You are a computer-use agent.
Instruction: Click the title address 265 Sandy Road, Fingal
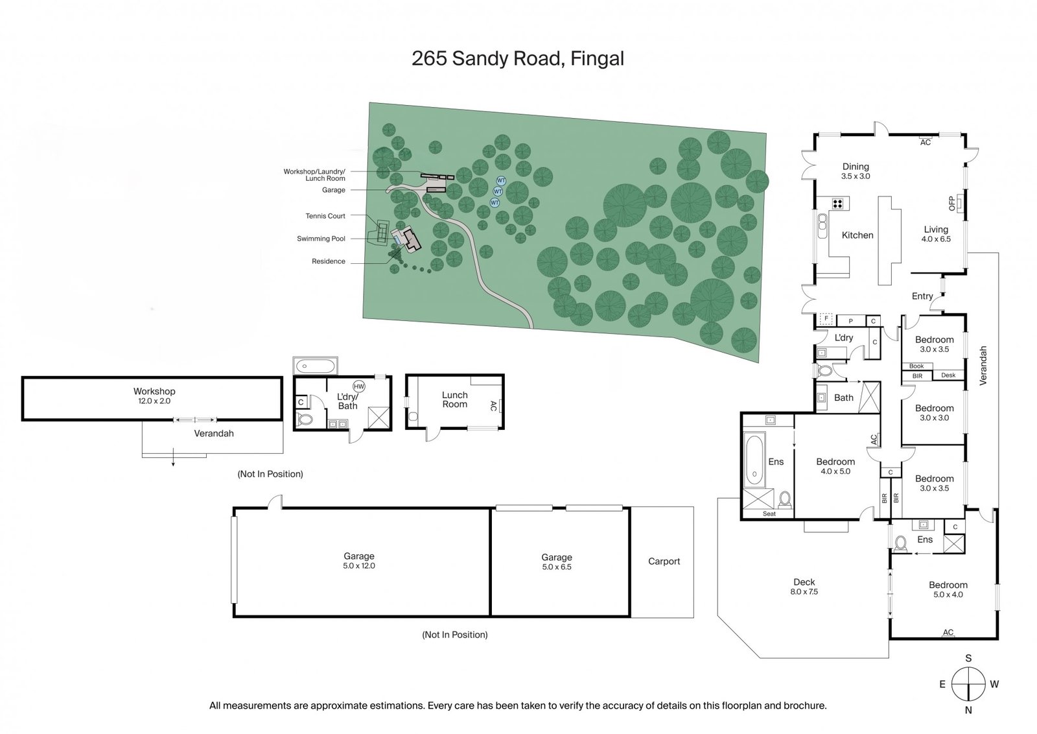[518, 59]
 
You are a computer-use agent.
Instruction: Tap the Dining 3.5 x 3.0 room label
[856, 171]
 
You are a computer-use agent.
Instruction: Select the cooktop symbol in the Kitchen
[837, 204]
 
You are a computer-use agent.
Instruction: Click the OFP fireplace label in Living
[952, 204]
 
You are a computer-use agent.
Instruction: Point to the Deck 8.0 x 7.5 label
[804, 586]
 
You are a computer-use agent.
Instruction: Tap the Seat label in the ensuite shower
[769, 514]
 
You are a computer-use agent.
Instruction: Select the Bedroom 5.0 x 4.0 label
[948, 589]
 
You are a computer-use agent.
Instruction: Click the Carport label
[664, 562]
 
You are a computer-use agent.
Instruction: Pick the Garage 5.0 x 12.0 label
[359, 560]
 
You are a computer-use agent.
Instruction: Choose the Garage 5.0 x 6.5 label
[556, 562]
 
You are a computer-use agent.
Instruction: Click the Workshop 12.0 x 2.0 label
[154, 396]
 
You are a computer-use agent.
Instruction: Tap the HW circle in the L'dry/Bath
[359, 386]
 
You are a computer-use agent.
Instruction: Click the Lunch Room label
[454, 399]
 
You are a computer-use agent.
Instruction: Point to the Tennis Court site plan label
[325, 216]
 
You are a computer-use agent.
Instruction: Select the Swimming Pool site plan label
[321, 239]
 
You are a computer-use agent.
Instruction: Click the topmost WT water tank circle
[501, 180]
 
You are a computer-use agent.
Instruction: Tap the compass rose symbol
[968, 684]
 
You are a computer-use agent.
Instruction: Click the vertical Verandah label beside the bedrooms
[983, 366]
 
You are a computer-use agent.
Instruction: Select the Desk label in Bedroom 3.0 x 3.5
[948, 375]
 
